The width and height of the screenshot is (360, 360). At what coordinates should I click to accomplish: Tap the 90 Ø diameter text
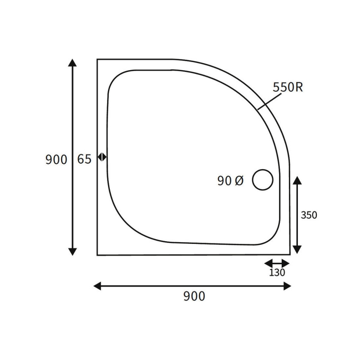pos(230,181)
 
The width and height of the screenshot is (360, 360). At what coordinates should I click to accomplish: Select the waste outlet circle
pos(263,180)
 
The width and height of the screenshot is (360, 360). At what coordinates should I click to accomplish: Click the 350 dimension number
pos(309,215)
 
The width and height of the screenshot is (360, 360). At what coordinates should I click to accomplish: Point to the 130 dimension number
pos(277,272)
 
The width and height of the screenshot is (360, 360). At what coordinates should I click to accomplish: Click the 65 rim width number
pos(84,159)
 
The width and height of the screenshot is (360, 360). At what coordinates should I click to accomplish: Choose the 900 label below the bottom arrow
pos(194,296)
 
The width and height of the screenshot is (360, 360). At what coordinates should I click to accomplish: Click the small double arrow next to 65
pos(102,157)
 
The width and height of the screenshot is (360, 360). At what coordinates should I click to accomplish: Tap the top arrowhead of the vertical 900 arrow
pos(72,63)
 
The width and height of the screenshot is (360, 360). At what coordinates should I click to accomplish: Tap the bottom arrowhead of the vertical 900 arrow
pos(72,252)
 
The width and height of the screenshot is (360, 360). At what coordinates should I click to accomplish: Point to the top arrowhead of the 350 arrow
pos(297,181)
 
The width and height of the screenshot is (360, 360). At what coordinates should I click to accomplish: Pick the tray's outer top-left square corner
pos(98,59)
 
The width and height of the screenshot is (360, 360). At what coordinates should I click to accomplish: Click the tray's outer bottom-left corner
pos(98,255)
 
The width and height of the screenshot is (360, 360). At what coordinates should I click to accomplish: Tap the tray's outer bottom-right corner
pos(289,254)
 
